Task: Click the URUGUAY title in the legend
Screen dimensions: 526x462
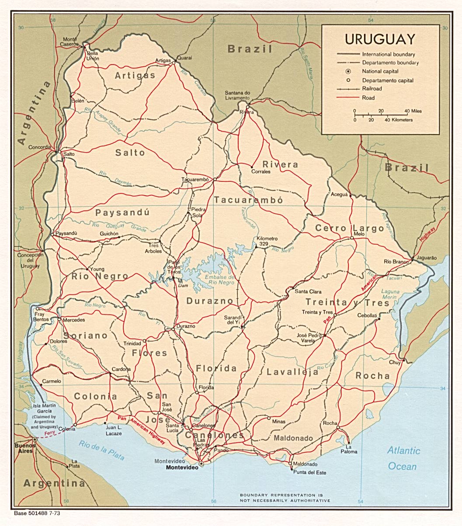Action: point(380,39)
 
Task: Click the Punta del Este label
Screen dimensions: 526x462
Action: point(309,473)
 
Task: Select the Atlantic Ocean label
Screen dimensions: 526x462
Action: point(403,458)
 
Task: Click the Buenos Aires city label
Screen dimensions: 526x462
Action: point(24,448)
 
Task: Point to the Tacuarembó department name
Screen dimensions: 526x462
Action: point(248,200)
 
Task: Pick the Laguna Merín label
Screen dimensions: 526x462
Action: point(390,294)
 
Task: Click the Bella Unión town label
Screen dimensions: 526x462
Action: point(93,56)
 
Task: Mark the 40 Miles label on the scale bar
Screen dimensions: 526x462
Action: point(413,111)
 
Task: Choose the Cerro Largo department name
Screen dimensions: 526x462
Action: point(350,228)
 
